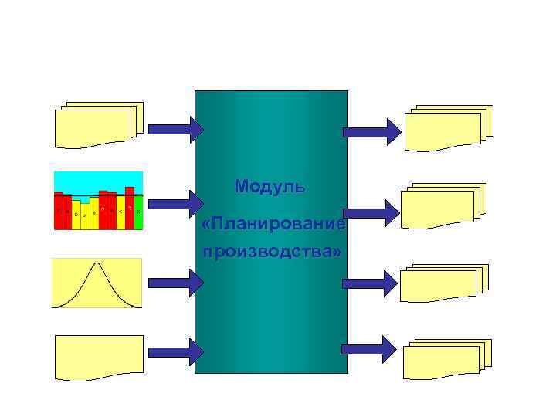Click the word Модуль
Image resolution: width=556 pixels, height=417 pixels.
(x=270, y=186)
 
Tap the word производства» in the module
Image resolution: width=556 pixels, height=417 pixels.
(x=271, y=252)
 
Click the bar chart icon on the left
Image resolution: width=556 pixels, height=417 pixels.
(x=98, y=201)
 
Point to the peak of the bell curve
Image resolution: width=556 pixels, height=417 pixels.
(x=97, y=265)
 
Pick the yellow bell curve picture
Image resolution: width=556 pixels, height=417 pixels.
(x=97, y=283)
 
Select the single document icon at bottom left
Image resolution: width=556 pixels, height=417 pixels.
(x=98, y=357)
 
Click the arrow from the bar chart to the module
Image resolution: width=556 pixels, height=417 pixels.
(x=175, y=203)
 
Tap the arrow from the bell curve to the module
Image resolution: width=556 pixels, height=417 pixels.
(x=175, y=283)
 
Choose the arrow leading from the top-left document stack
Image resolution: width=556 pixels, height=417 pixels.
(x=175, y=128)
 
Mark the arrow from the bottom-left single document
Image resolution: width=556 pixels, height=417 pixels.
(x=175, y=352)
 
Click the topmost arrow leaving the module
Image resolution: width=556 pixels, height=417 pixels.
(x=371, y=132)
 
